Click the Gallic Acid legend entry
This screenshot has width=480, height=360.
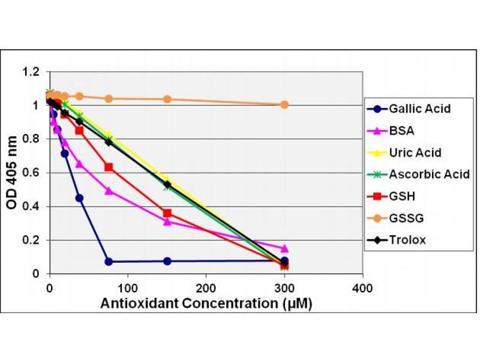click(419, 109)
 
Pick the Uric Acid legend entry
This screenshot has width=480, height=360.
click(415, 152)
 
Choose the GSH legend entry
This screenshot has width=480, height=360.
click(401, 196)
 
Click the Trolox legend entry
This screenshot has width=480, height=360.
click(407, 240)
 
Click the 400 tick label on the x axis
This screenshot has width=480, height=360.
click(362, 287)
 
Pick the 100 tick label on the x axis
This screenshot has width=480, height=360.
click(127, 287)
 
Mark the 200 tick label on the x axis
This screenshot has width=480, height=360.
click(206, 287)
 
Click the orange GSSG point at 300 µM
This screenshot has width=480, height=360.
click(284, 104)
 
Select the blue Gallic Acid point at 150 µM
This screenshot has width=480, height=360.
click(167, 261)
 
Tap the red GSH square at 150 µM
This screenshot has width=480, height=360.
click(167, 213)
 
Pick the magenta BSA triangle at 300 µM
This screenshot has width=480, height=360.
click(284, 248)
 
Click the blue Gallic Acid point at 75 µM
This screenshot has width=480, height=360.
click(108, 262)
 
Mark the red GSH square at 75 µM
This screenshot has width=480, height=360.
click(108, 167)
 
